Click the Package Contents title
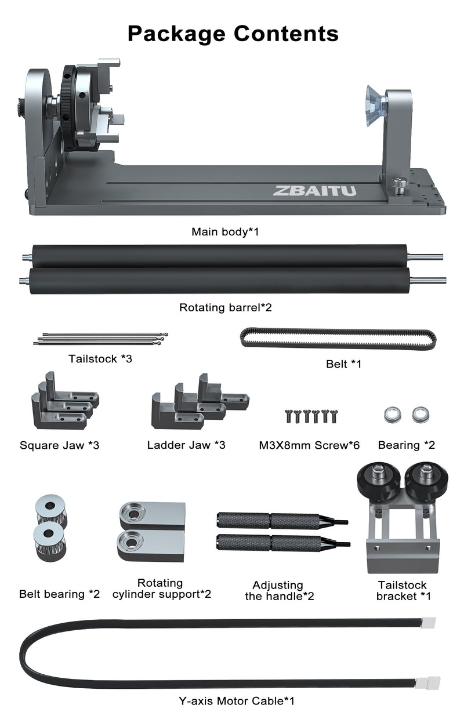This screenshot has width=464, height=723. click(233, 33)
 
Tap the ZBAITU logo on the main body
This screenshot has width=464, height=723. click(315, 191)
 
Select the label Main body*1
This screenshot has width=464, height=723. click(225, 232)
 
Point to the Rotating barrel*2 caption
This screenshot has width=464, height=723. click(225, 307)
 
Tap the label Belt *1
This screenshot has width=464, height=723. click(344, 364)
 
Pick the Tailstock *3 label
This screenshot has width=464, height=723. click(100, 359)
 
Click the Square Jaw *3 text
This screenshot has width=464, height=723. click(59, 445)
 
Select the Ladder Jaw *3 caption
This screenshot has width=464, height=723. click(186, 445)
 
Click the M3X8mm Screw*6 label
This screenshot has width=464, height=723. click(309, 445)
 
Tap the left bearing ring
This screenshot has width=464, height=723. click(391, 415)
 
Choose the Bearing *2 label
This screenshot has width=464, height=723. click(406, 445)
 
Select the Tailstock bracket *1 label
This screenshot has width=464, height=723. click(402, 590)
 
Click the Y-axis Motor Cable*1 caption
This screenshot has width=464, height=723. click(236, 701)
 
